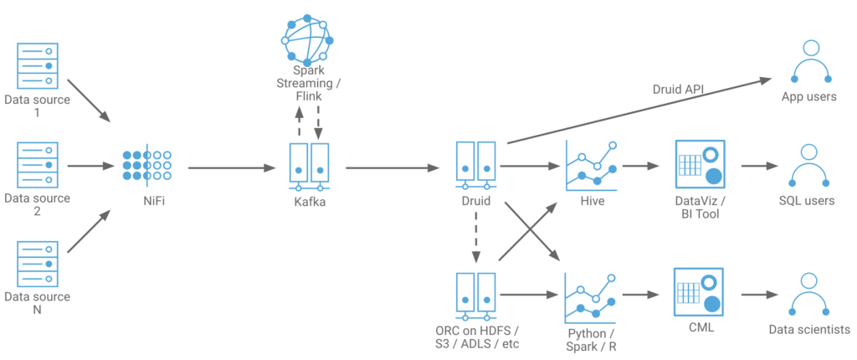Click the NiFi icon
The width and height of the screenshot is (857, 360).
point(147,166)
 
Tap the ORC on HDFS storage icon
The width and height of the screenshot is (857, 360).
point(475,295)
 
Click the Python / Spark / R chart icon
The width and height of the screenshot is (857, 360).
point(591,296)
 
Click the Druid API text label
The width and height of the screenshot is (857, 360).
point(678,89)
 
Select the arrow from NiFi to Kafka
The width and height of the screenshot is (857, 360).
point(233,168)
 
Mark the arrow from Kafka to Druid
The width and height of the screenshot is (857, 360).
point(393,168)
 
